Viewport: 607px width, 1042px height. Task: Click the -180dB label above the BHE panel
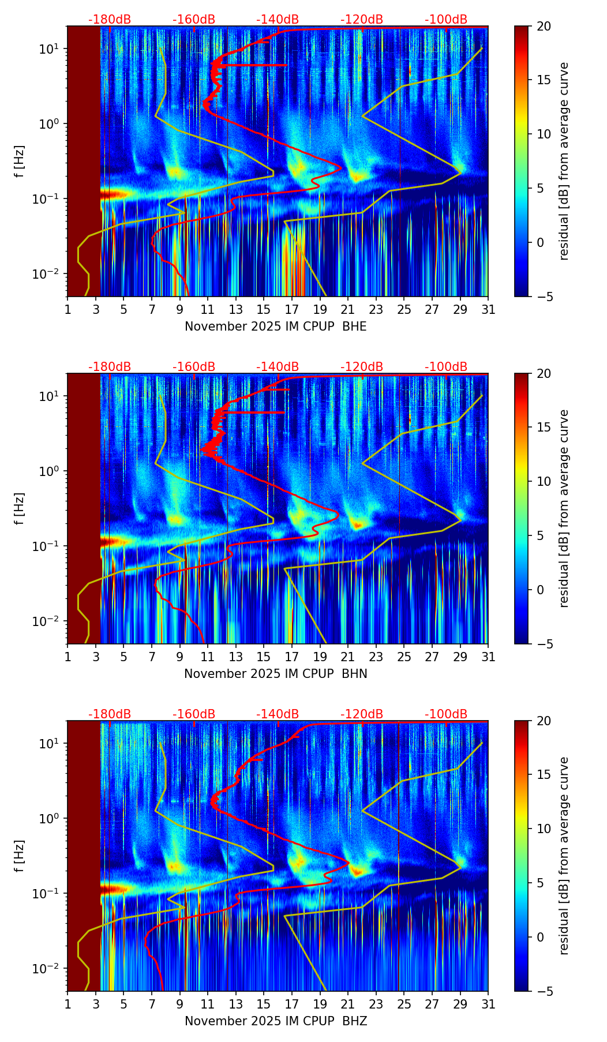pyautogui.click(x=110, y=20)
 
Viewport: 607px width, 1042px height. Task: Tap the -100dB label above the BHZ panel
pyautogui.click(x=446, y=714)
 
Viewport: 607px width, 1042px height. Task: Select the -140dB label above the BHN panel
pyautogui.click(x=278, y=367)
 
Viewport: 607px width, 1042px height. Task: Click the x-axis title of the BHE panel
pyautogui.click(x=275, y=327)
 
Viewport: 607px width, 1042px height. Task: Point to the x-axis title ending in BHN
pyautogui.click(x=275, y=674)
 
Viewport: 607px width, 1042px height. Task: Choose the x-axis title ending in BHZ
pyautogui.click(x=275, y=1021)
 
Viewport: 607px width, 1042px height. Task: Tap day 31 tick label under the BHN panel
pyautogui.click(x=488, y=657)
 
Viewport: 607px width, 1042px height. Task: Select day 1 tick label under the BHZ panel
pyautogui.click(x=68, y=1004)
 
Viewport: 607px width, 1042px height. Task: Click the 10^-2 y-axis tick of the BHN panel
pyautogui.click(x=47, y=621)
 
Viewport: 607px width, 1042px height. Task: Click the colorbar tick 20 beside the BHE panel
pyautogui.click(x=544, y=26)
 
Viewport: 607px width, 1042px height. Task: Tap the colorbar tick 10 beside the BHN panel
pyautogui.click(x=544, y=481)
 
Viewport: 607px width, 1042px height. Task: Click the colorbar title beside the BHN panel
pyautogui.click(x=564, y=508)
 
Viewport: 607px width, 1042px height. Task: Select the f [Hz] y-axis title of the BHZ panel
pyautogui.click(x=20, y=856)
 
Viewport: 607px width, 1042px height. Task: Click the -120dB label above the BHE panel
pyautogui.click(x=362, y=20)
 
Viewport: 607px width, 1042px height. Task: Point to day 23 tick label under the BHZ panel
pyautogui.click(x=376, y=1004)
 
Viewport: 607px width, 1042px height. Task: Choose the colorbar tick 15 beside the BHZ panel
pyautogui.click(x=544, y=774)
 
